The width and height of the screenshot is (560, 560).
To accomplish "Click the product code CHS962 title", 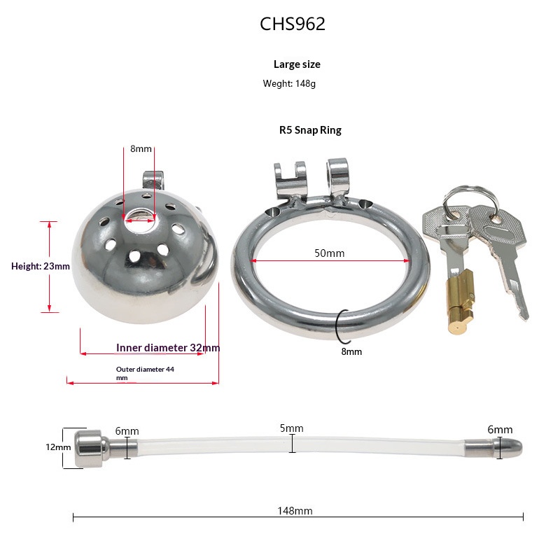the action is (293, 24).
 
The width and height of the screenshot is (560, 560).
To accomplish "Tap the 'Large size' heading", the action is (297, 64).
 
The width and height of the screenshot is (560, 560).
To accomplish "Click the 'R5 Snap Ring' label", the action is (310, 130).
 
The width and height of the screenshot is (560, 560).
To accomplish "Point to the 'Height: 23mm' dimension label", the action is (41, 266).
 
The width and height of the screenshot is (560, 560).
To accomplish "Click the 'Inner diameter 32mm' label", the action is (168, 347).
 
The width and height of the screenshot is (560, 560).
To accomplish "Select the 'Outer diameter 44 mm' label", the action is (145, 373).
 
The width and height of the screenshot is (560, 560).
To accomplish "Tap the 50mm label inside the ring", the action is (329, 253).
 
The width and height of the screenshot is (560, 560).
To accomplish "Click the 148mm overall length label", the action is (295, 511).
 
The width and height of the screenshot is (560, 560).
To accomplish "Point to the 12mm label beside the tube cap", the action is (58, 447).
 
